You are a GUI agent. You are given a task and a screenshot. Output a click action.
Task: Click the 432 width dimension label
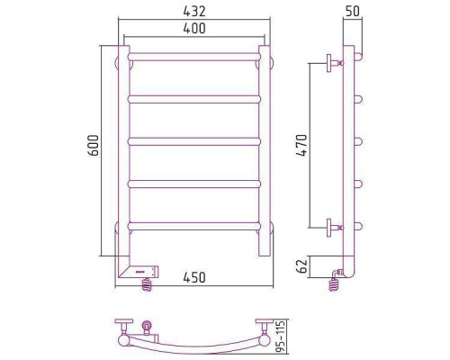point(194,11)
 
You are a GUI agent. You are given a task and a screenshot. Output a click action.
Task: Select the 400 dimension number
point(194,28)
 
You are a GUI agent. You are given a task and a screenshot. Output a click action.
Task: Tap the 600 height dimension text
point(94,146)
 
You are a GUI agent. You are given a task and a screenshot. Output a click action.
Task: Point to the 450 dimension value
point(194,277)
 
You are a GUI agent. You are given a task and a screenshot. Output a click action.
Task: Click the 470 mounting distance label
point(301,145)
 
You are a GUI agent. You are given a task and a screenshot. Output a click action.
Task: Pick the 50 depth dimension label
point(353,11)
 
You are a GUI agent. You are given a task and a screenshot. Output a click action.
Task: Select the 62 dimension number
point(301,265)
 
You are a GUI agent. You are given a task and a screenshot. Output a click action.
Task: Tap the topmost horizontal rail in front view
point(194,57)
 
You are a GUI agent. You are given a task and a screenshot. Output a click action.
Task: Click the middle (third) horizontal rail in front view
point(194,141)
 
